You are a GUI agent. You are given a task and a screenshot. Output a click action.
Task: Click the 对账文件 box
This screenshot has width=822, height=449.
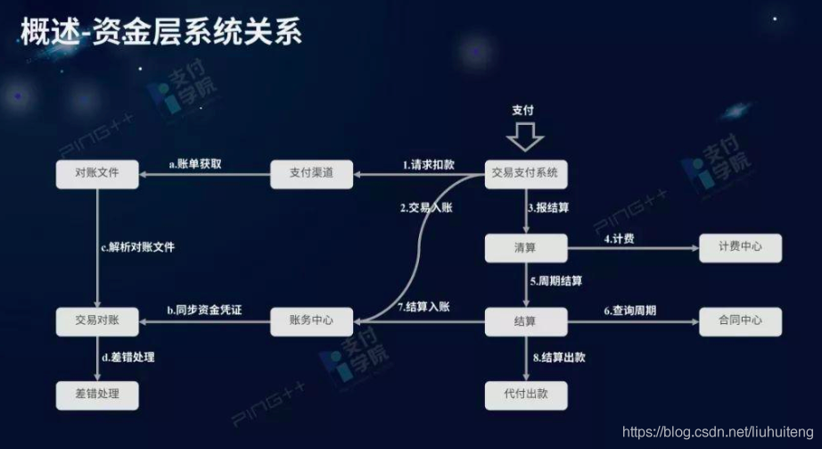97,173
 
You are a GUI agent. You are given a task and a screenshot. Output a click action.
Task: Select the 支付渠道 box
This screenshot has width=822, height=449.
311,173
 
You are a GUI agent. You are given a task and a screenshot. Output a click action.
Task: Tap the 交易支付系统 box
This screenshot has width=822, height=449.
526,173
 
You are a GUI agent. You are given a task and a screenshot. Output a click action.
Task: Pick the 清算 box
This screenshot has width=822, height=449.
526,247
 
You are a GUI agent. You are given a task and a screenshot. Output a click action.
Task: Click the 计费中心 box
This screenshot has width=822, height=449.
740,247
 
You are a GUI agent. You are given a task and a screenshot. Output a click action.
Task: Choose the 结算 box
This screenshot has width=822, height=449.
526,321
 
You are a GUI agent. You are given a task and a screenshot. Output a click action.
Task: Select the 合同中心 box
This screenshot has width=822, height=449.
740,321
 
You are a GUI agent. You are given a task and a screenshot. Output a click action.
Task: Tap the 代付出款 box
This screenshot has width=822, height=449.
526,394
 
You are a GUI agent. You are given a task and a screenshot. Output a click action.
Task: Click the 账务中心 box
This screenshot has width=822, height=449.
311,321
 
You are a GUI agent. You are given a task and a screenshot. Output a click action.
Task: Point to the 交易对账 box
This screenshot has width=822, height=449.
97,321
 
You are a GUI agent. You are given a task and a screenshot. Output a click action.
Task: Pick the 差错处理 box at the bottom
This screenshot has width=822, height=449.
97,394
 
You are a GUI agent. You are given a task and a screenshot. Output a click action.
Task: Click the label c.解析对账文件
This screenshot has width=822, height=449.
137,247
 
